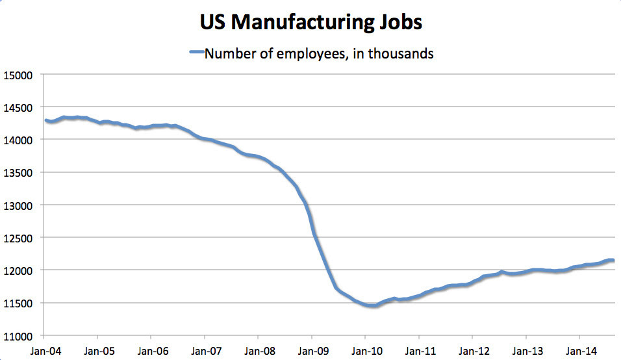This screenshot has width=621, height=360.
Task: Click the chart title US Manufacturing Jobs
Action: pyautogui.click(x=310, y=22)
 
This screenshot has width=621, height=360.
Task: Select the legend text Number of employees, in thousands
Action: pyautogui.click(x=319, y=54)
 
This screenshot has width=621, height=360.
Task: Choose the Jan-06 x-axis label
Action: pyautogui.click(x=151, y=351)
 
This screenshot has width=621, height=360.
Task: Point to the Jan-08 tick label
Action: pyautogui.click(x=258, y=351)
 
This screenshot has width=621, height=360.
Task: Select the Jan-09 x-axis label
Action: pyautogui.click(x=312, y=351)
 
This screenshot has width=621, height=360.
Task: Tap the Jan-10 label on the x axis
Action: pyautogui.click(x=365, y=351)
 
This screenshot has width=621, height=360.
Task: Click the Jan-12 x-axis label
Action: pyautogui.click(x=472, y=351)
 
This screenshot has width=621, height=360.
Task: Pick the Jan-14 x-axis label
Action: pyautogui.click(x=579, y=351)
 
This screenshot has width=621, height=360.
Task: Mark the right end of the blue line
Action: pyautogui.click(x=613, y=261)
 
